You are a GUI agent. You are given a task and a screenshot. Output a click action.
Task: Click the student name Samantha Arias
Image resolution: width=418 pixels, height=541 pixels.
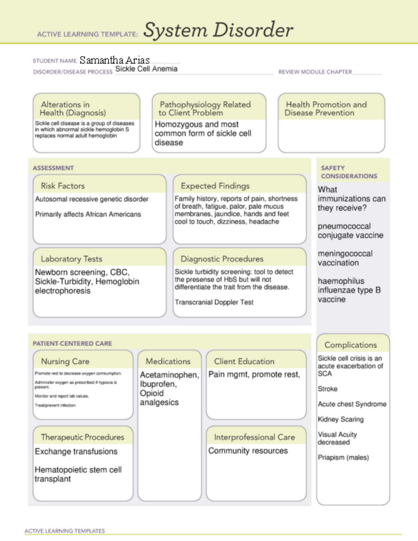pyautogui.click(x=114, y=60)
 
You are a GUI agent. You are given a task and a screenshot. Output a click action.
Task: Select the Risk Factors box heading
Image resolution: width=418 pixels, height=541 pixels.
pyautogui.click(x=63, y=186)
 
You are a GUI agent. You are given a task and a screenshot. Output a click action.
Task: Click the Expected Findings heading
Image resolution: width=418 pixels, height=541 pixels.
pyautogui.click(x=215, y=186)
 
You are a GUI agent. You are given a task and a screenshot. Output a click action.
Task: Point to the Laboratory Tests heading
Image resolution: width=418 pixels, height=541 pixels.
pyautogui.click(x=71, y=259)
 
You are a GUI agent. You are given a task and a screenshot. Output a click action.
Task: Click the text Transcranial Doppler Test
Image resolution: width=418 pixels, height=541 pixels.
pyautogui.click(x=214, y=302)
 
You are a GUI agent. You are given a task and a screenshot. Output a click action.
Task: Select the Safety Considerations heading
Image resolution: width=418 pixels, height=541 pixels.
pyautogui.click(x=349, y=172)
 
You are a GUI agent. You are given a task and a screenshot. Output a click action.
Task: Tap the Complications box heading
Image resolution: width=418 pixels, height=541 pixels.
pyautogui.click(x=350, y=345)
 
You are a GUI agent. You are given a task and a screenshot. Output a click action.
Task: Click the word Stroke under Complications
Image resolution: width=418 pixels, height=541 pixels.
pyautogui.click(x=327, y=389)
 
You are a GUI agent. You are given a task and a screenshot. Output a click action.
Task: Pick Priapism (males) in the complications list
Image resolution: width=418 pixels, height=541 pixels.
pyautogui.click(x=343, y=457)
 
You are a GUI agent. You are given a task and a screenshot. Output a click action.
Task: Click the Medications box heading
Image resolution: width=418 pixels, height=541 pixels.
pyautogui.click(x=168, y=361)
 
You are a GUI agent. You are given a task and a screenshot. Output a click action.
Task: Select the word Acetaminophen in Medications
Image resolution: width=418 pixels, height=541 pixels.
pyautogui.click(x=169, y=375)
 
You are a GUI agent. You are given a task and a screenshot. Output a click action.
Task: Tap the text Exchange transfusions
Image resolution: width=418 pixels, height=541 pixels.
pyautogui.click(x=76, y=452)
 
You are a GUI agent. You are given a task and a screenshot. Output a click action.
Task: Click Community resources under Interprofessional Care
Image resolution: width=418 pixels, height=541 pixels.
pyautogui.click(x=248, y=451)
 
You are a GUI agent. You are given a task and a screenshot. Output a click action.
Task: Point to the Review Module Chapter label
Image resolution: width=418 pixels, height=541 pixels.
pyautogui.click(x=315, y=72)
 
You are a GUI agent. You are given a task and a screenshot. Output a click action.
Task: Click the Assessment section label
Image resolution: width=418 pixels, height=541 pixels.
pyautogui.click(x=53, y=168)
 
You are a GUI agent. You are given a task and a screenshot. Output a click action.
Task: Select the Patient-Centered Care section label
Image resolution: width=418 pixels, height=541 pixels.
pyautogui.click(x=72, y=344)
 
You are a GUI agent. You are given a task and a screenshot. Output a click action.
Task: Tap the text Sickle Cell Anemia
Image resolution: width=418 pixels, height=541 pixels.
pyautogui.click(x=146, y=69)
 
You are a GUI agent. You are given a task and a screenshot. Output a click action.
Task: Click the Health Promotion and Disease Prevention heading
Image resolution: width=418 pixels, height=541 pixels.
pyautogui.click(x=326, y=109)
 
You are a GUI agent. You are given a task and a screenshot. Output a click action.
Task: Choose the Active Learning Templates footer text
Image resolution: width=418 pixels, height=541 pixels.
pyautogui.click(x=64, y=531)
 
